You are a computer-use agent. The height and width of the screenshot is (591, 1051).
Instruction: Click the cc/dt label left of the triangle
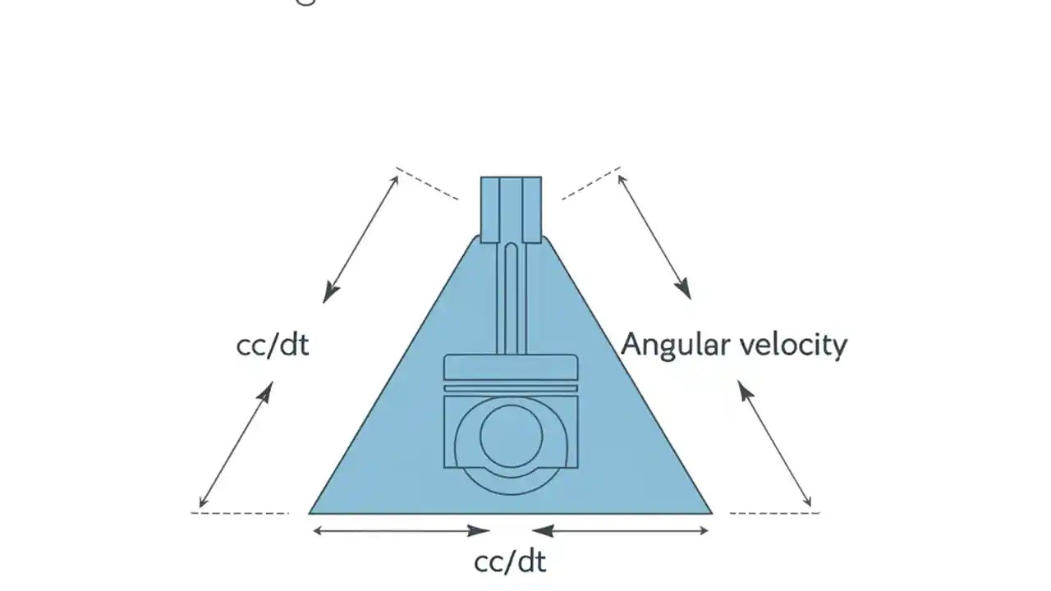coord(273,345)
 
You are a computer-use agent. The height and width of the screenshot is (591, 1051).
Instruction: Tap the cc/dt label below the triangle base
coord(510,562)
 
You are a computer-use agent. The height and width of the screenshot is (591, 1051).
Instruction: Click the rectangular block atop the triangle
coord(511,208)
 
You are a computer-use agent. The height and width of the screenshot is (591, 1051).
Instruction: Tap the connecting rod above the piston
coord(511,295)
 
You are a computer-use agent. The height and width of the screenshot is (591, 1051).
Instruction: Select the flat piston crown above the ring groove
coord(511,368)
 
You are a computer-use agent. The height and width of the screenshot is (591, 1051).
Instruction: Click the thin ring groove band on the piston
coord(511,387)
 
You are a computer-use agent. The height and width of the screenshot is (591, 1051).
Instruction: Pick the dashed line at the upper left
coord(427,183)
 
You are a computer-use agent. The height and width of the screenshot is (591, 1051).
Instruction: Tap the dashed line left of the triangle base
coord(240,513)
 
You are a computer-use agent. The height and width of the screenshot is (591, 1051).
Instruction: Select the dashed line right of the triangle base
coord(773,513)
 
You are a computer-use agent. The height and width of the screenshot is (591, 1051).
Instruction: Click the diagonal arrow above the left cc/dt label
coord(361,238)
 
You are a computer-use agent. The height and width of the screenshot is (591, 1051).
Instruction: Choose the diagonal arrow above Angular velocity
coord(654,236)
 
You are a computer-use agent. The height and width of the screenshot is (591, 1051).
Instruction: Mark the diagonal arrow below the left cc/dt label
coord(236,444)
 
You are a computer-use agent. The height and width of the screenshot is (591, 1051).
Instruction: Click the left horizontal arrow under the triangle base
coord(402,531)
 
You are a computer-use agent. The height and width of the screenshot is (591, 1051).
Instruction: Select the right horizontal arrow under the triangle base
coord(621,531)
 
